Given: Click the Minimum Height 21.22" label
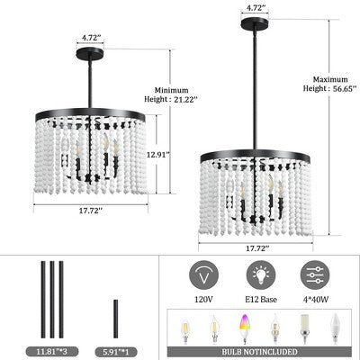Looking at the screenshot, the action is [171, 94].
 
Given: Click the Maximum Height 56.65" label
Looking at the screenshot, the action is [329, 84].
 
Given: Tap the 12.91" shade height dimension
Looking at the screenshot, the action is [158, 155].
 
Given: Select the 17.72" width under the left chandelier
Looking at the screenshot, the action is [91, 211].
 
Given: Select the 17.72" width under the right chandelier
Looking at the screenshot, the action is [256, 248].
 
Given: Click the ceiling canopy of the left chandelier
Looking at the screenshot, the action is [90, 54].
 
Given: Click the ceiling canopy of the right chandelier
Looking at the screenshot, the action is [255, 23].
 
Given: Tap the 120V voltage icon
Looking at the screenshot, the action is [203, 275].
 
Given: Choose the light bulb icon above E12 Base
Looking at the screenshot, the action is [261, 275].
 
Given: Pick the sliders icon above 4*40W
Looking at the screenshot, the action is [315, 275].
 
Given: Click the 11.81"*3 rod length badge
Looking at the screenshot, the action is [52, 351].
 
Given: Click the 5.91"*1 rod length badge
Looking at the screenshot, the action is [116, 351].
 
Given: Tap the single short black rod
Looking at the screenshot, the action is [116, 319].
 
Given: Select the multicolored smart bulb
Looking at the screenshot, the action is [244, 328].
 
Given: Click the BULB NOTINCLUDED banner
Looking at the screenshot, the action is [259, 352].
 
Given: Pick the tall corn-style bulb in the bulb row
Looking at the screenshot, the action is [303, 328].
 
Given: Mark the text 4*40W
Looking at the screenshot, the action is [315, 299].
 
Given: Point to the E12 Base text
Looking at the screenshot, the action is [260, 299].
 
